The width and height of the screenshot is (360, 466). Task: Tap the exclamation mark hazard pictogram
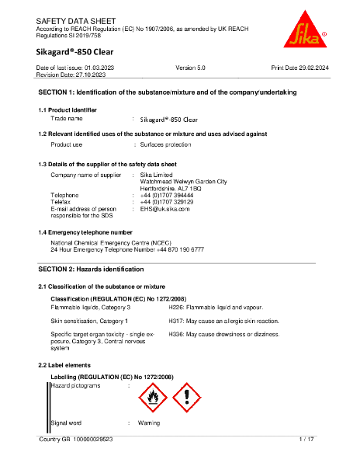point(186,398)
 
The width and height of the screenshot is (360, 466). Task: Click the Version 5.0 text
point(191,68)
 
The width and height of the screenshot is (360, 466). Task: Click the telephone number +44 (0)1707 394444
point(167,195)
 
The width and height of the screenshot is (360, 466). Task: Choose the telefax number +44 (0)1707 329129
point(167,201)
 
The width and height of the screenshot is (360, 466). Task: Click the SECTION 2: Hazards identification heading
point(91,269)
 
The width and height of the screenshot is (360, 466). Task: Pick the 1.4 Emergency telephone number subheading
point(85,232)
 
